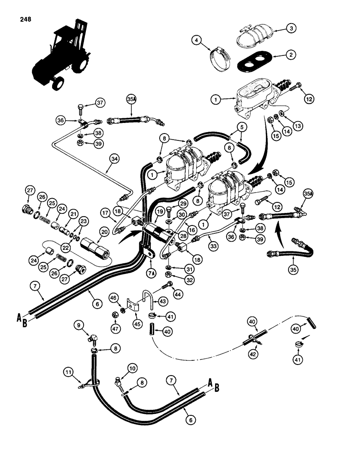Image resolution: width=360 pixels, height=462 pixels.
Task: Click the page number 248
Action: point(26,20)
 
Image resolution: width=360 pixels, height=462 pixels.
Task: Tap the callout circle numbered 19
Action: point(160,212)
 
